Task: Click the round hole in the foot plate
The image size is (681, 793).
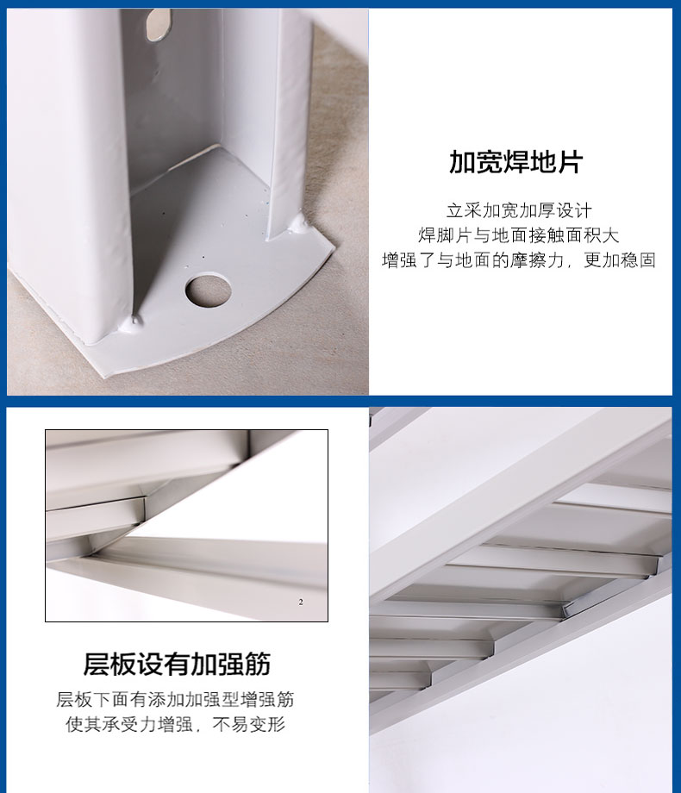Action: click(x=208, y=290)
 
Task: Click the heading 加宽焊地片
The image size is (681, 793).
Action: click(x=516, y=162)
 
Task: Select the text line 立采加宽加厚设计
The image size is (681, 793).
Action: click(x=519, y=210)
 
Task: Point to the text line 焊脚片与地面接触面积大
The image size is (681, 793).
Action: click(x=519, y=235)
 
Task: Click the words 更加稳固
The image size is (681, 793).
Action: click(x=620, y=260)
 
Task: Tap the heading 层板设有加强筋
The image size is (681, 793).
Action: click(x=177, y=664)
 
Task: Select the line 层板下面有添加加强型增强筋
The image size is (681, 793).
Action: click(x=175, y=699)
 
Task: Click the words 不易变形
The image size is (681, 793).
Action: click(x=249, y=724)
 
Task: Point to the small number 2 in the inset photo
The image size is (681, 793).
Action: click(x=301, y=602)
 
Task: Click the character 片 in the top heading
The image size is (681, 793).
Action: click(x=570, y=162)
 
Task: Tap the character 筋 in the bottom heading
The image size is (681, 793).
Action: click(x=258, y=664)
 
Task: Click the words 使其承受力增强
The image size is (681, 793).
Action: click(x=129, y=724)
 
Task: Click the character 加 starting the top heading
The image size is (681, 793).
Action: click(x=462, y=162)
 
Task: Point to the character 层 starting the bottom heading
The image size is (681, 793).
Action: click(x=97, y=664)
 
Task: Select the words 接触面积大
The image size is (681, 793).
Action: click(x=574, y=235)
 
